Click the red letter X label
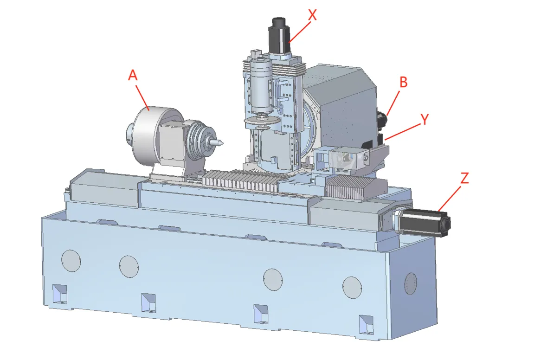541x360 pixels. pyautogui.click(x=312, y=15)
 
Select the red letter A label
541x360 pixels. pyautogui.click(x=133, y=75)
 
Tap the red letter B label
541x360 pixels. pyautogui.click(x=403, y=82)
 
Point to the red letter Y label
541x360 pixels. pyautogui.click(x=425, y=119)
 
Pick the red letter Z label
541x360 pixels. pyautogui.click(x=465, y=178)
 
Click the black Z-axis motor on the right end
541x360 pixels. pyautogui.click(x=425, y=223)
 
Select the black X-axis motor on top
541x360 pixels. pyautogui.click(x=279, y=34)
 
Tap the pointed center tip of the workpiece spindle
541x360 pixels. pyautogui.click(x=223, y=142)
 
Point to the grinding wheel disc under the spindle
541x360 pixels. pyautogui.click(x=261, y=121)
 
